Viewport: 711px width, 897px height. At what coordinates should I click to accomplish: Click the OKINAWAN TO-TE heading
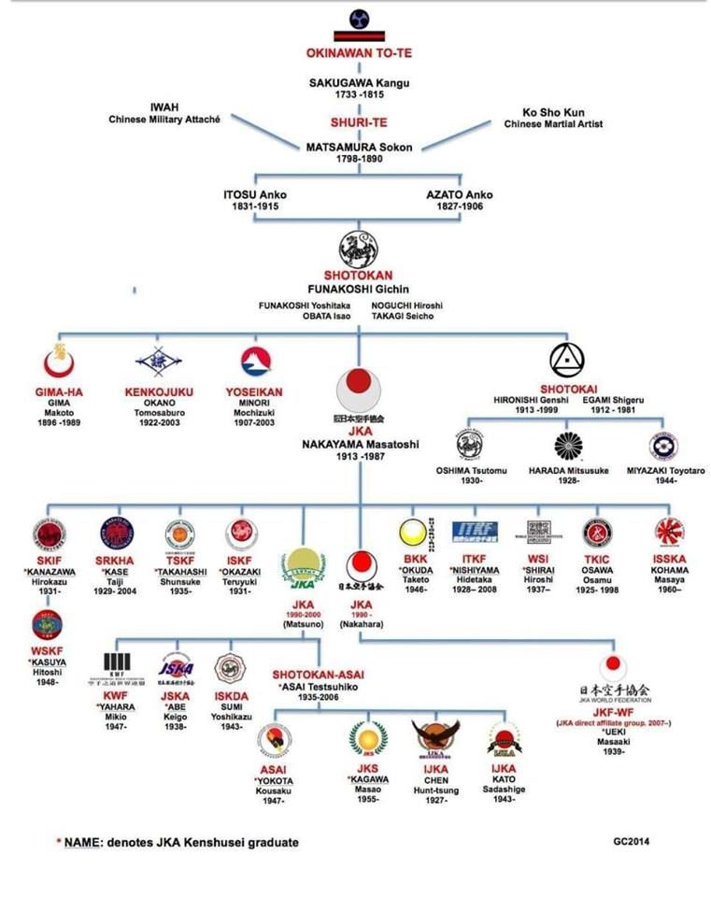click(359, 53)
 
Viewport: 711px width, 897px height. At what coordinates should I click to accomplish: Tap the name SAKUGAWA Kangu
click(359, 82)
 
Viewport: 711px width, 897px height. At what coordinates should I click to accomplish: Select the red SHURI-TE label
click(359, 121)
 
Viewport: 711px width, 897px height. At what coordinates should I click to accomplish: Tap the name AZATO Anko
click(459, 193)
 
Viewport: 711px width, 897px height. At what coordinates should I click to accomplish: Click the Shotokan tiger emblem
click(359, 249)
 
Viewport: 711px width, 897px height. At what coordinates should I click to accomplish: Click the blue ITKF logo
click(475, 531)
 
